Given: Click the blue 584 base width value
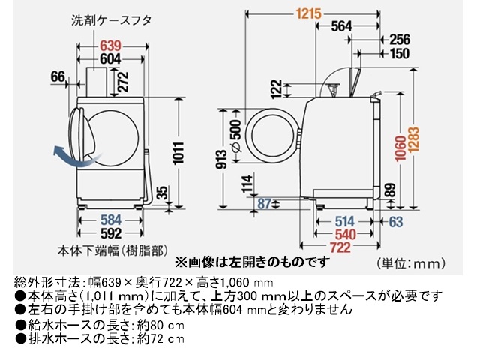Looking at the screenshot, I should [x=111, y=220].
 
